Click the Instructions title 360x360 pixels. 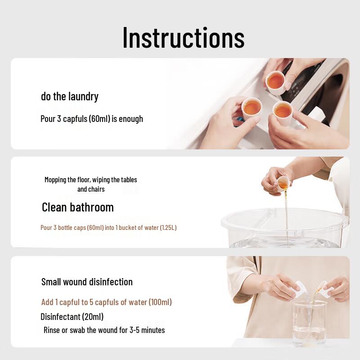[x=184, y=37]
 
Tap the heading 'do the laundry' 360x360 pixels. [x=70, y=96]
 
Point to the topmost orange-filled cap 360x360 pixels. [x=275, y=82]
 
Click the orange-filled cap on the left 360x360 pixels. [x=252, y=108]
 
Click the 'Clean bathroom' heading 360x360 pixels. [x=77, y=207]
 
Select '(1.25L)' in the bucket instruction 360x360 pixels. [x=168, y=228]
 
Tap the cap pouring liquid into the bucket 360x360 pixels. [x=283, y=183]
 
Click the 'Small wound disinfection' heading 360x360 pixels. [x=87, y=282]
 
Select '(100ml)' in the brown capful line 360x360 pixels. [x=160, y=302]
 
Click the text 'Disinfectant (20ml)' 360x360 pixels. [x=72, y=317]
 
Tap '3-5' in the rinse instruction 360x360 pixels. [x=134, y=330]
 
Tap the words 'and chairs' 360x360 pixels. [x=91, y=189]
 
